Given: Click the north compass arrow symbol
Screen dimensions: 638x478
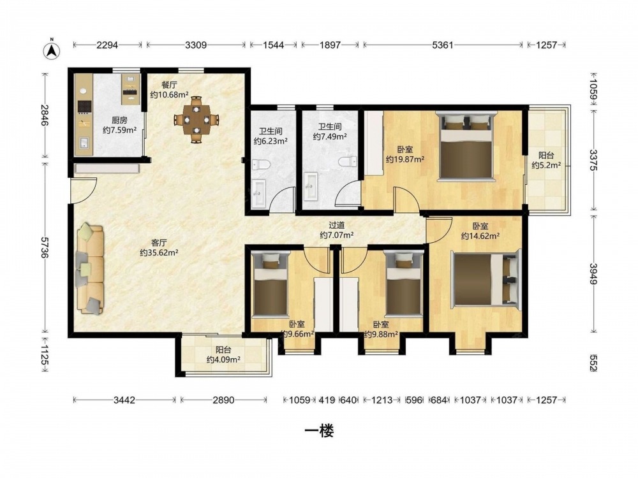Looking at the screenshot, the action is (x=52, y=50).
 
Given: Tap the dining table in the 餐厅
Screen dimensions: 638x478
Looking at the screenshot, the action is (x=197, y=120).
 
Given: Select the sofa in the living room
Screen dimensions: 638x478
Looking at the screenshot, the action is (x=90, y=268).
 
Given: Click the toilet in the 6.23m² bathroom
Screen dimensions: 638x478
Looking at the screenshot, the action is (x=261, y=164).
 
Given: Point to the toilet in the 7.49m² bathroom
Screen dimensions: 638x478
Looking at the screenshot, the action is (x=348, y=162).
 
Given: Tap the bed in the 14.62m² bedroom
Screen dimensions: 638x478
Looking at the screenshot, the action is (x=486, y=280).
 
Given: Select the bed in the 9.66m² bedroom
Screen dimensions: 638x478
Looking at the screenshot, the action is (x=270, y=284).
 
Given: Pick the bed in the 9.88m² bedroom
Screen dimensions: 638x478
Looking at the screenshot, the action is (x=403, y=284).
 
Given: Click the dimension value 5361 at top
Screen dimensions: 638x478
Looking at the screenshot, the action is (x=442, y=45).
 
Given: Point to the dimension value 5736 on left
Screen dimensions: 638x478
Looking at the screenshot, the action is (x=45, y=247).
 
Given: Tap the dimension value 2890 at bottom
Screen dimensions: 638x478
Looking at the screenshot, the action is (x=223, y=400).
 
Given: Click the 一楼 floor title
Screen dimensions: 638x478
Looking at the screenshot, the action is (x=319, y=431).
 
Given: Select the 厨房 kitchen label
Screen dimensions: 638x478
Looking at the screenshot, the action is (x=119, y=120).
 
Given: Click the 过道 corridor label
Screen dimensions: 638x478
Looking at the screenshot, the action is (x=336, y=225).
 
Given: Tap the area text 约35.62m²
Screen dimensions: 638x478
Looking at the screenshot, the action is (x=159, y=253).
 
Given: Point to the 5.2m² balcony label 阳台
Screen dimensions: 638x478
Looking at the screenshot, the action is (x=546, y=156).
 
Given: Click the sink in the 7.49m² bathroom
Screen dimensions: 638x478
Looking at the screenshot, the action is (x=311, y=187).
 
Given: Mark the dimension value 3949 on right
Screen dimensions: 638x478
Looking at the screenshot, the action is (x=593, y=274).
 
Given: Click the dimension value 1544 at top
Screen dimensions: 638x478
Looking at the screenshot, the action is (x=273, y=45).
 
